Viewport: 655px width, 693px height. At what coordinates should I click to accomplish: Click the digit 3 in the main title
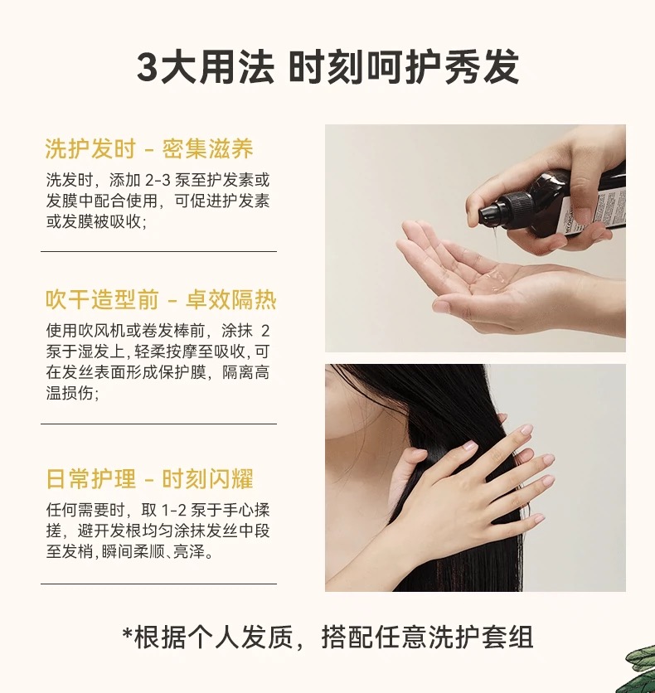148,67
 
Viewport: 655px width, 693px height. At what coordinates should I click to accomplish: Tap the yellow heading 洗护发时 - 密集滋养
149,148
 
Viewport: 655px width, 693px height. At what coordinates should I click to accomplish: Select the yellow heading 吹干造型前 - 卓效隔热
161,299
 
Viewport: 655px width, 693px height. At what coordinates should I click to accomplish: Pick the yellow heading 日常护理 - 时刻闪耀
149,478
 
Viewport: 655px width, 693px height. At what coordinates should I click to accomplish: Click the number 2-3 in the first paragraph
158,181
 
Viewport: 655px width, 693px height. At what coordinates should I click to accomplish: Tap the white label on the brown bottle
591,209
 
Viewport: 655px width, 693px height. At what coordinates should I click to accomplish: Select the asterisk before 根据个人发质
128,634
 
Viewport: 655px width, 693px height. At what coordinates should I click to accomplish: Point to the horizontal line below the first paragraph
158,251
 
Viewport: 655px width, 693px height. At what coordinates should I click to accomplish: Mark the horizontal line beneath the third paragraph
158,584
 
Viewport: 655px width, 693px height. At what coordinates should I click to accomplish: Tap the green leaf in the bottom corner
641,668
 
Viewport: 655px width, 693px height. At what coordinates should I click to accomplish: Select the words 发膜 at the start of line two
62,201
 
